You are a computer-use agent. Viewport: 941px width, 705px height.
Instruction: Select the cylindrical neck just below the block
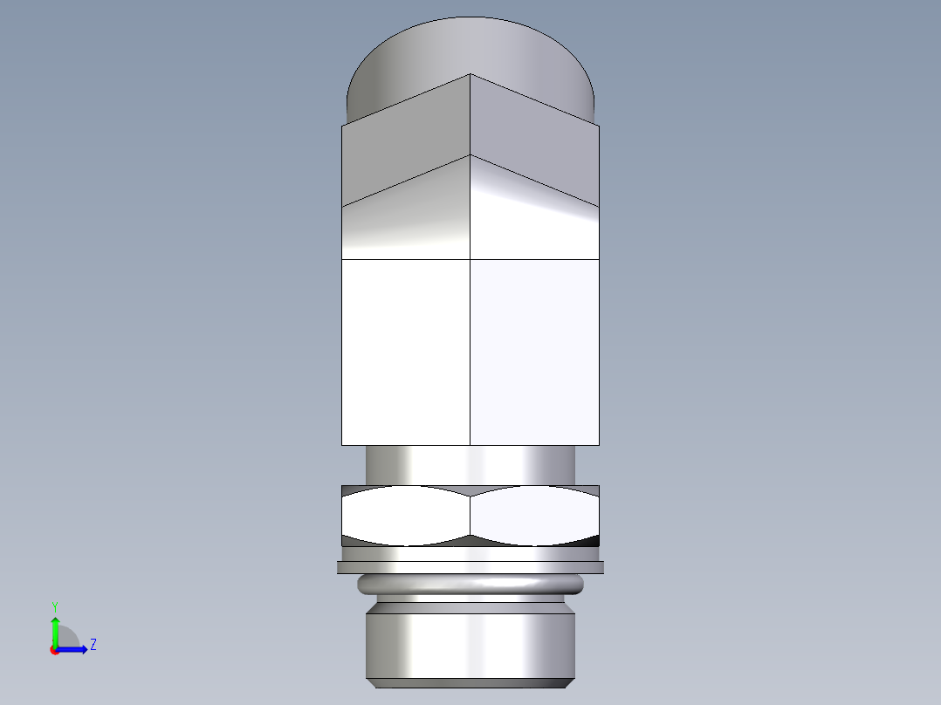(x=470, y=464)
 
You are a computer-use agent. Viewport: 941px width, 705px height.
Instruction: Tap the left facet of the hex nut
(x=405, y=516)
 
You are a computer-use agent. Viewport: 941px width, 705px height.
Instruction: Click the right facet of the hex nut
(x=534, y=516)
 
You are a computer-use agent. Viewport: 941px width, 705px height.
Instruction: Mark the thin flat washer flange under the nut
(x=470, y=567)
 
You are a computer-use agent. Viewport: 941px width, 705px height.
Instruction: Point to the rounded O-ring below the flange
(x=470, y=584)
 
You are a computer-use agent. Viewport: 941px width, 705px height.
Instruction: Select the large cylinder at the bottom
(x=470, y=641)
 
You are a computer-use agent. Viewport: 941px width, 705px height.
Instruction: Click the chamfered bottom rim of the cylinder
(x=470, y=682)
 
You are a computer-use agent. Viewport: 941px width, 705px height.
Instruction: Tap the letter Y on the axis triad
(x=54, y=606)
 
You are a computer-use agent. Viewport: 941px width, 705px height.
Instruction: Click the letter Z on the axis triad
(x=93, y=645)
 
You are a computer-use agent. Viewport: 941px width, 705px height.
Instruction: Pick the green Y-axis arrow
(x=54, y=630)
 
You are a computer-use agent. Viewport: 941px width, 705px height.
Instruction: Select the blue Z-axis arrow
(x=73, y=649)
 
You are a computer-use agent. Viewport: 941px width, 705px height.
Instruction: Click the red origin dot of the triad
(x=54, y=650)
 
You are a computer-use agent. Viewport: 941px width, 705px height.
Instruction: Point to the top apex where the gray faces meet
(x=470, y=75)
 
